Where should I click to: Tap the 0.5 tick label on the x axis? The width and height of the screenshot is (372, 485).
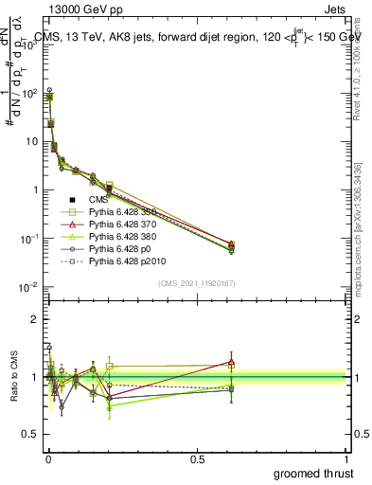pos(197,458)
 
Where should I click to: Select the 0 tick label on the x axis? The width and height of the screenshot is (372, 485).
pos(47,458)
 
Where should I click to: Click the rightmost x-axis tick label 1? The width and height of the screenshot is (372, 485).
pos(346,458)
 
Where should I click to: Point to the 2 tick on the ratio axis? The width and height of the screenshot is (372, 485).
pos(36,319)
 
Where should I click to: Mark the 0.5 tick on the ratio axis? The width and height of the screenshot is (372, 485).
pos(31,435)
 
